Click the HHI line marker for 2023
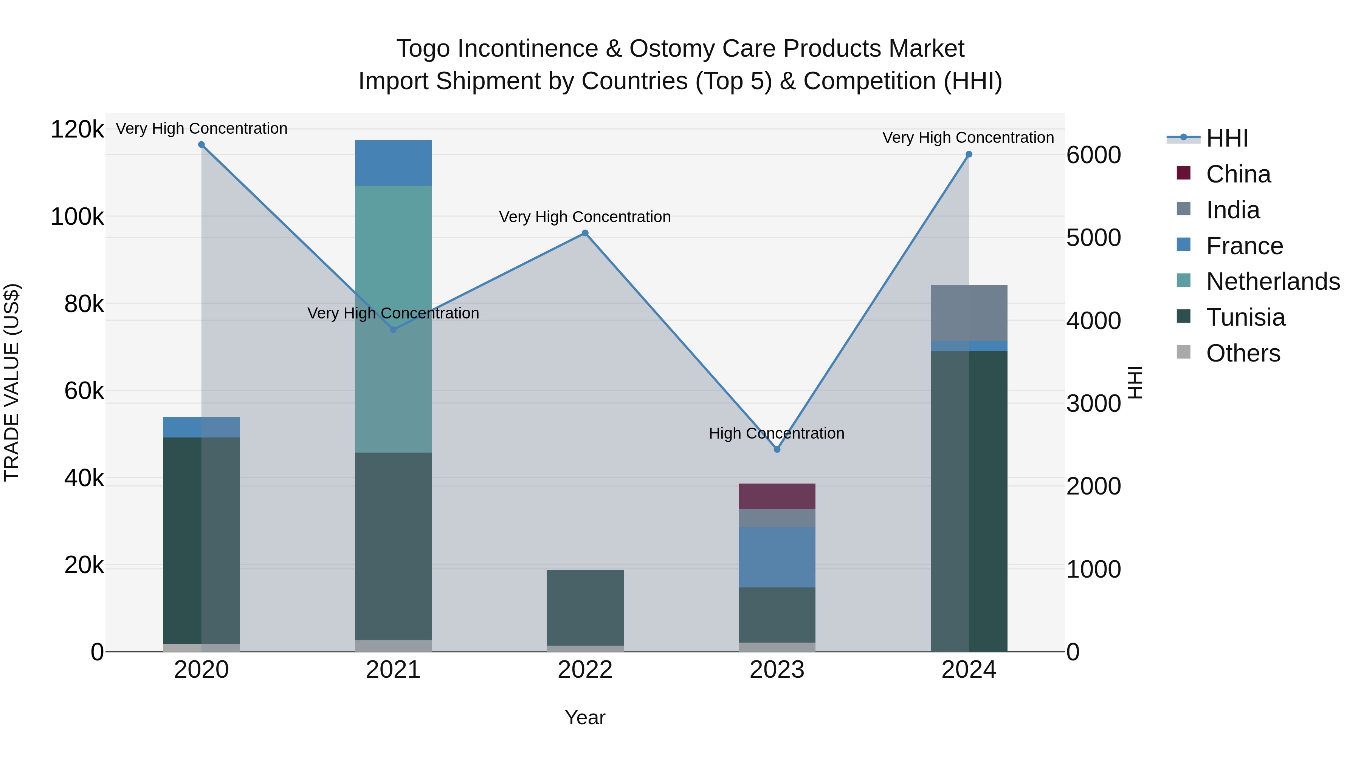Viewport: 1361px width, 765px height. (777, 449)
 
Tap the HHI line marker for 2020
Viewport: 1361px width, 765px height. (201, 145)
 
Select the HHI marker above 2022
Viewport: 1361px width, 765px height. (585, 233)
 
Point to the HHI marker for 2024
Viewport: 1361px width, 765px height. (969, 154)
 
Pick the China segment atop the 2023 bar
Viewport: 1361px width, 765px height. (777, 496)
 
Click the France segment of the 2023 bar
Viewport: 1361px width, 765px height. (777, 557)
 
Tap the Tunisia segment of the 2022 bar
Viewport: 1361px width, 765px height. (585, 607)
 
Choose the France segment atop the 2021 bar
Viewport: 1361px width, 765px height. (393, 162)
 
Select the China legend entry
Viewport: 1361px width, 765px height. (1238, 174)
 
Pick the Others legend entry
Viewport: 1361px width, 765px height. (1243, 353)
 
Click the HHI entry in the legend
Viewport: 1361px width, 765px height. (1227, 138)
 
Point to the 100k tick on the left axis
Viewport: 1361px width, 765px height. (77, 216)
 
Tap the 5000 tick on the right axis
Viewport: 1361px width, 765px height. (1093, 238)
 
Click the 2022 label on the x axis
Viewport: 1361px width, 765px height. (585, 670)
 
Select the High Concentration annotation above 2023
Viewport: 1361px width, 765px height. (776, 433)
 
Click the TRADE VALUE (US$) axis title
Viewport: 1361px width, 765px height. (12, 382)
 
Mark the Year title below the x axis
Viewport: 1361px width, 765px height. (585, 717)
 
